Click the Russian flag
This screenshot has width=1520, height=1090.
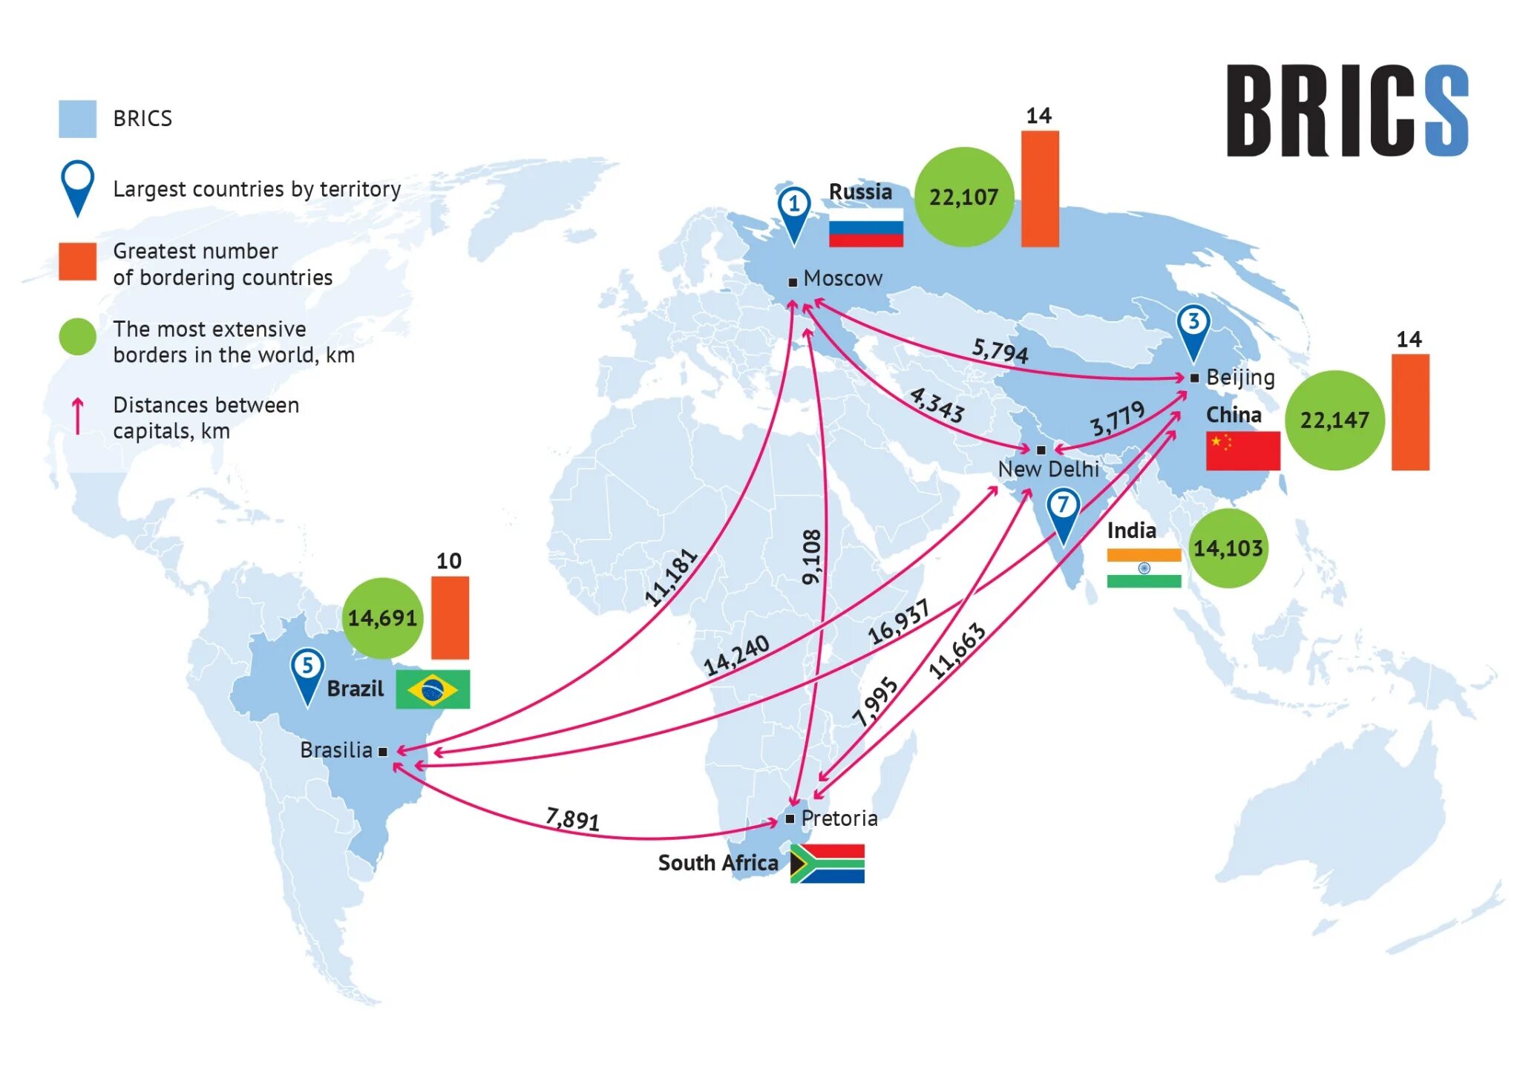tap(865, 227)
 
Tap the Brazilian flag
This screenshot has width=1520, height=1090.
tap(432, 689)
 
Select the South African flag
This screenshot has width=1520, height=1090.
tap(827, 863)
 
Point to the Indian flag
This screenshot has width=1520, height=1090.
tap(1143, 568)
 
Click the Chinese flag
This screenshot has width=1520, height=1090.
tap(1242, 450)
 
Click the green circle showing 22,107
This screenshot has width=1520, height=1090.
tap(963, 197)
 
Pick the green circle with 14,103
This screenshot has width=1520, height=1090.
tap(1228, 548)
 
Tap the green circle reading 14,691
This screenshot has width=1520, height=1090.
tap(382, 618)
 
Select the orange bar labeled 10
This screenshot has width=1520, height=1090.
tap(450, 617)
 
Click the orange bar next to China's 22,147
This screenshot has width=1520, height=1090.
tap(1409, 412)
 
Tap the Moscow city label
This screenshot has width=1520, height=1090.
tap(842, 278)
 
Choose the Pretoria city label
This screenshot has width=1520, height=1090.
tap(839, 818)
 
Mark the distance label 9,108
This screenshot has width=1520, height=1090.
tap(812, 557)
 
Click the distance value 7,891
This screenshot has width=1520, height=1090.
tap(572, 818)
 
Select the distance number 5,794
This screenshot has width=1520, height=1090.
tap(1000, 350)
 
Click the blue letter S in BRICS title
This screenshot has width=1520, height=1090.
tap(1446, 111)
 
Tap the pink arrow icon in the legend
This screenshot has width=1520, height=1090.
tap(77, 416)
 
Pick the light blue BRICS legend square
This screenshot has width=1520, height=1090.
tap(77, 119)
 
